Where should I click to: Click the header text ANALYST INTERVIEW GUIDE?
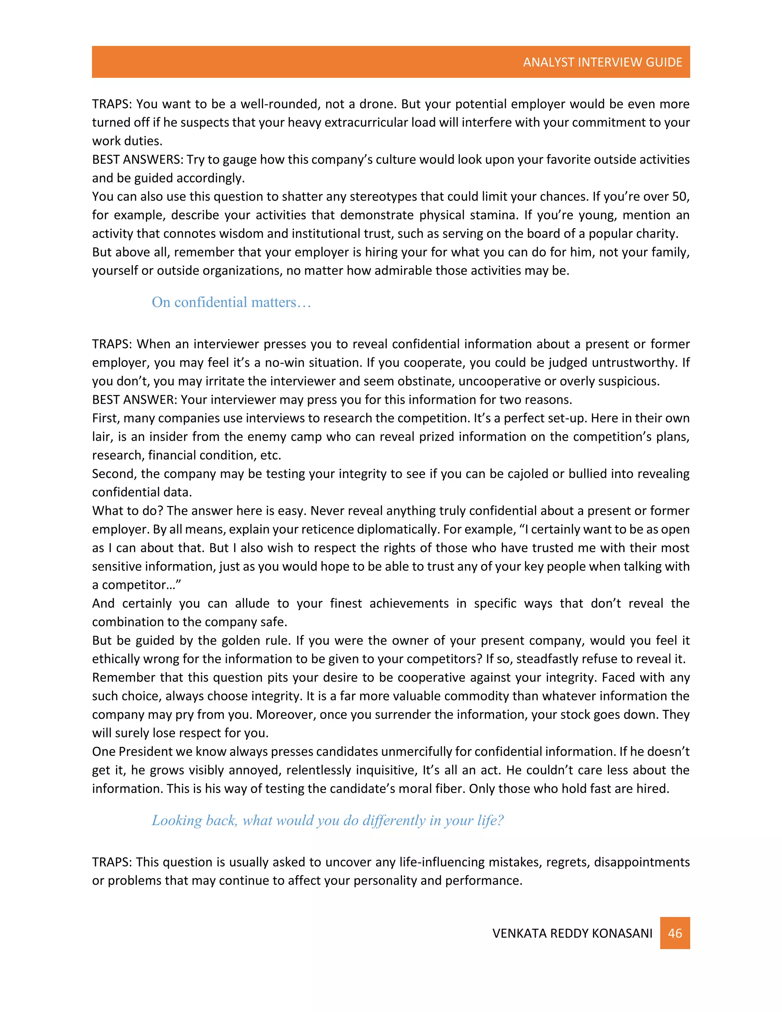(x=602, y=62)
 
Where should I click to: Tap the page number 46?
(x=675, y=933)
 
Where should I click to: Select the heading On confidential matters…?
(x=231, y=302)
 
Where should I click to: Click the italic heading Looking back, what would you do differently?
(x=327, y=820)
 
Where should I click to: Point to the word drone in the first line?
(x=377, y=104)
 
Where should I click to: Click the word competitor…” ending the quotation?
(x=142, y=585)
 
